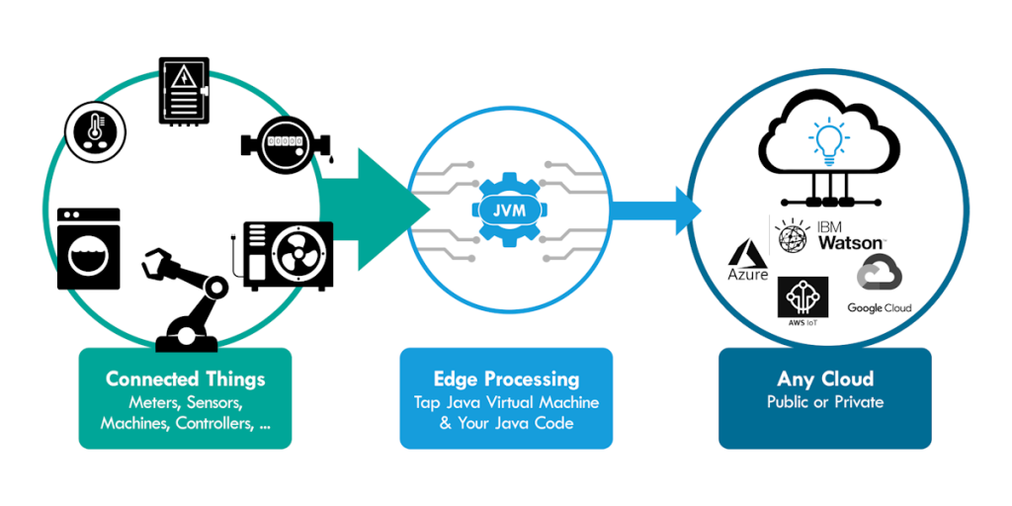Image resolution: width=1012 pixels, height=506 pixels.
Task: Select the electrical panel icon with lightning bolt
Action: click(185, 92)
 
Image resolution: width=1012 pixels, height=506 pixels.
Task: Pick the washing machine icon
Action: click(89, 248)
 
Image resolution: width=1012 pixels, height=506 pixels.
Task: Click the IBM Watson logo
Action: click(830, 234)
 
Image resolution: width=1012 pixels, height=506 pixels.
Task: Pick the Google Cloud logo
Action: click(879, 287)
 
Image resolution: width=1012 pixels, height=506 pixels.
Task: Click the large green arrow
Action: click(380, 209)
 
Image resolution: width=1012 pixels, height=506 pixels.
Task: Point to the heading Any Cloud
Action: click(825, 379)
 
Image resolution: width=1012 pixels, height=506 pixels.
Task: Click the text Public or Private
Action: click(825, 402)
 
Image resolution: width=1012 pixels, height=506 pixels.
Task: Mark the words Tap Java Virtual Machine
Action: click(506, 403)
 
